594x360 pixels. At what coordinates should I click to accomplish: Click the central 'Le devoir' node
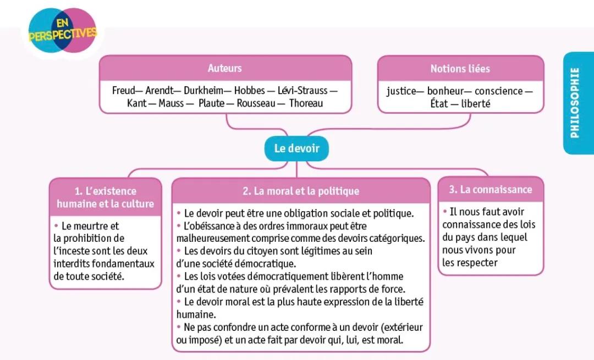(296, 148)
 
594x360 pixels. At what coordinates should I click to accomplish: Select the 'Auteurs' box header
(224, 68)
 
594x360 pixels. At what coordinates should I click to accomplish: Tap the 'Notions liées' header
(460, 69)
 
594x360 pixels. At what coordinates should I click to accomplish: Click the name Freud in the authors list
(123, 90)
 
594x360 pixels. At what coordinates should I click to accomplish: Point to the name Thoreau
(306, 103)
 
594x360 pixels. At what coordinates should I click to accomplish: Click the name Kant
(137, 103)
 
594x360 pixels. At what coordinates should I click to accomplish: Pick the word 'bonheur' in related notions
(446, 91)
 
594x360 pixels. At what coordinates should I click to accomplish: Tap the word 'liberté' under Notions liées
(475, 103)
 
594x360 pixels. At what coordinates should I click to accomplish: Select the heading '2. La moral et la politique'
(300, 191)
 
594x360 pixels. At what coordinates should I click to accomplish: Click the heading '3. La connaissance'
(490, 189)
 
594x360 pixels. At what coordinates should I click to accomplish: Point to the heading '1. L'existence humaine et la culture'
(105, 197)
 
